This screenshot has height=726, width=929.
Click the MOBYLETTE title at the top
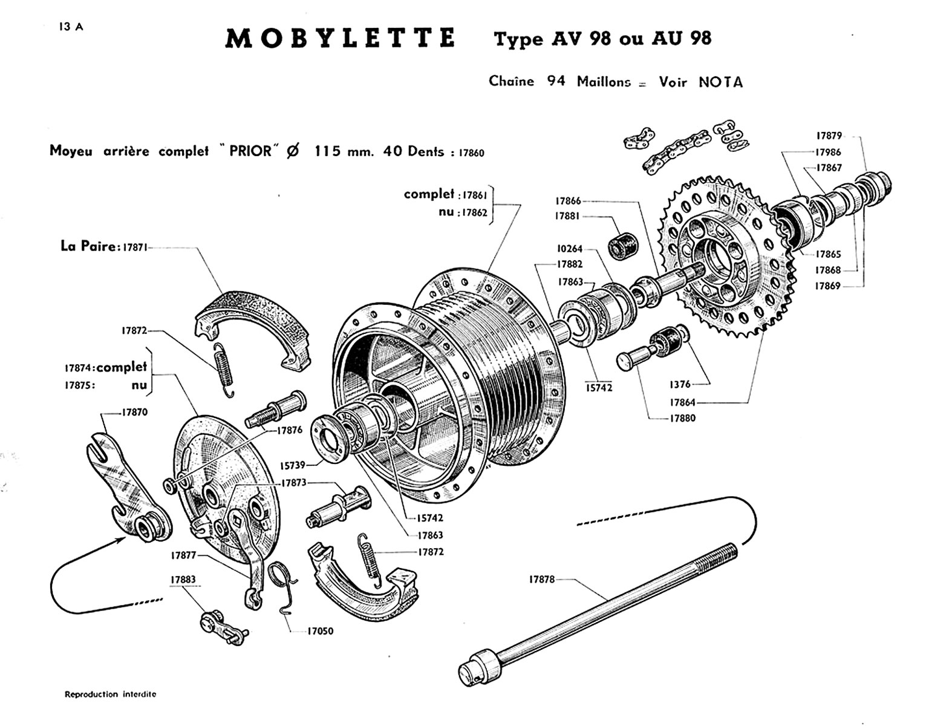(340, 38)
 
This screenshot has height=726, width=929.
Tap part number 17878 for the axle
(541, 579)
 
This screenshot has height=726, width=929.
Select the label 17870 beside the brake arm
(134, 412)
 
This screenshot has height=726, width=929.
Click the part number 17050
(320, 631)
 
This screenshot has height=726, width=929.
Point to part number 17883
(183, 579)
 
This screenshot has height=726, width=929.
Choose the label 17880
(682, 418)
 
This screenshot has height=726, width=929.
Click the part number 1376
(680, 384)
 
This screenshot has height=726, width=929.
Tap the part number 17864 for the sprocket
(682, 402)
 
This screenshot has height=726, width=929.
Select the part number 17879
(829, 136)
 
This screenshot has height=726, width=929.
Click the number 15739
(292, 465)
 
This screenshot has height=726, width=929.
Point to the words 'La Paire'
(88, 247)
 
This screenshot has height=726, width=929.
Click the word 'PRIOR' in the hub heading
(250, 151)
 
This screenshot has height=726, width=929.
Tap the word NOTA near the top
(720, 82)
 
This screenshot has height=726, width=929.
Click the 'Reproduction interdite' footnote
(110, 695)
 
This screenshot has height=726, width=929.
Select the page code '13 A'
(71, 27)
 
